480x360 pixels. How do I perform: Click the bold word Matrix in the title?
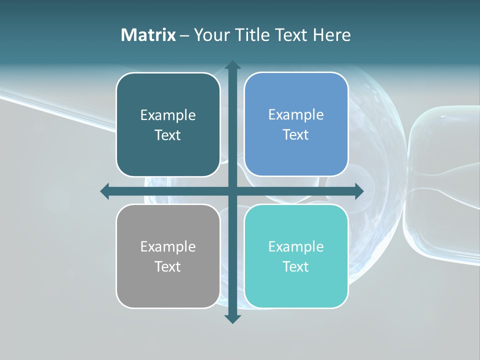pyautogui.click(x=148, y=35)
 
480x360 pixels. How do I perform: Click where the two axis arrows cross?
pyautogui.click(x=232, y=191)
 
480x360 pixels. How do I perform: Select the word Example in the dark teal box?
pyautogui.click(x=168, y=115)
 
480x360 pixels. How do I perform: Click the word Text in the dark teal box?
pyautogui.click(x=168, y=135)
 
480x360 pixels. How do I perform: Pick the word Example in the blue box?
pyautogui.click(x=296, y=115)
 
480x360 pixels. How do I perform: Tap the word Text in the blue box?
pyautogui.click(x=296, y=135)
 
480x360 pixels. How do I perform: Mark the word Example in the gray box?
pyautogui.click(x=168, y=247)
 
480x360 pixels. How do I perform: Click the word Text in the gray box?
pyautogui.click(x=168, y=267)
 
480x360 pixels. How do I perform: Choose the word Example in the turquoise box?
pyautogui.click(x=296, y=247)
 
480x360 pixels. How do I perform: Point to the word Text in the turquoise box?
pyautogui.click(x=296, y=267)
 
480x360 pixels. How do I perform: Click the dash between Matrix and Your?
pyautogui.click(x=184, y=35)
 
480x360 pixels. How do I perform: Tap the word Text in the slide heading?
pyautogui.click(x=290, y=35)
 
